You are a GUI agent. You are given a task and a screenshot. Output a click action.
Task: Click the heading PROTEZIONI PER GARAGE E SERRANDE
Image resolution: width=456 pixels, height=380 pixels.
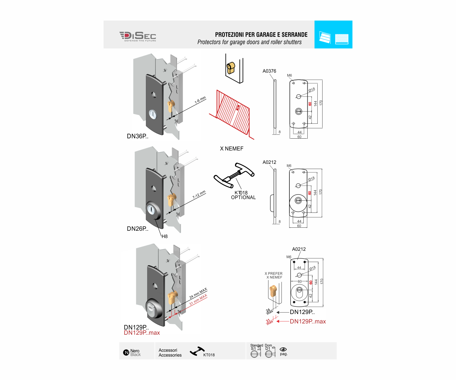pyautogui.click(x=261, y=35)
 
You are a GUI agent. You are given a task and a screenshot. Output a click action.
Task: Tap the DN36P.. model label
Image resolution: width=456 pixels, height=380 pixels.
pyautogui.click(x=137, y=136)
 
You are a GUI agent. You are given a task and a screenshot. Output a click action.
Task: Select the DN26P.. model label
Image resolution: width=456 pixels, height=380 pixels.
pyautogui.click(x=137, y=229)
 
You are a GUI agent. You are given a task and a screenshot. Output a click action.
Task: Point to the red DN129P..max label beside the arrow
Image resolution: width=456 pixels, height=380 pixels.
pyautogui.click(x=308, y=321)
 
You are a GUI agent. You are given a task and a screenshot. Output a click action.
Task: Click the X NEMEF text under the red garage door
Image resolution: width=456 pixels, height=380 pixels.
pyautogui.click(x=232, y=149)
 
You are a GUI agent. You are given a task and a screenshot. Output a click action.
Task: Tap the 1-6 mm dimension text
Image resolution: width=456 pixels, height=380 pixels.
pyautogui.click(x=200, y=100)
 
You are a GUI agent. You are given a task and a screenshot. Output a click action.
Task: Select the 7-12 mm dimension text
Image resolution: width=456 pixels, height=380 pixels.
pyautogui.click(x=199, y=195)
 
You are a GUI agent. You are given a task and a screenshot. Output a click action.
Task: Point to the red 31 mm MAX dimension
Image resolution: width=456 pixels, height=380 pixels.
pyautogui.click(x=198, y=299)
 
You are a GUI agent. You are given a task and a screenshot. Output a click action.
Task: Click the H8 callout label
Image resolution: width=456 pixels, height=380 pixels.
pyautogui.click(x=164, y=236)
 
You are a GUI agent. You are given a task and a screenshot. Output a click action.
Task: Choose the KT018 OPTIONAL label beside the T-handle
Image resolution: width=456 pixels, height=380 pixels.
pyautogui.click(x=243, y=195)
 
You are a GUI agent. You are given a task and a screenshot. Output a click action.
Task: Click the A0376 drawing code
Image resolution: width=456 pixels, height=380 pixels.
pyautogui.click(x=269, y=71)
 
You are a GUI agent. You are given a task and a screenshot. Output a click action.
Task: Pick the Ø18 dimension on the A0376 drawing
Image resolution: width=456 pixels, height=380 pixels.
pyautogui.click(x=312, y=90)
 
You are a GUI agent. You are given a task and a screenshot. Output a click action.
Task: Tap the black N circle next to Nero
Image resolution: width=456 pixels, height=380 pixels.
pyautogui.click(x=126, y=353)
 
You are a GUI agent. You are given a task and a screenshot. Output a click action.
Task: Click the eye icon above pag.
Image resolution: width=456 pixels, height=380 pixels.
pyautogui.click(x=283, y=349)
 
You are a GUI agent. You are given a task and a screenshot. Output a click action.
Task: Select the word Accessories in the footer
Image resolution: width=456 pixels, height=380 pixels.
pyautogui.click(x=170, y=355)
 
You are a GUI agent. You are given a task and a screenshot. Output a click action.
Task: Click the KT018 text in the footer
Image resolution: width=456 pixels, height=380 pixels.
pyautogui.click(x=209, y=355)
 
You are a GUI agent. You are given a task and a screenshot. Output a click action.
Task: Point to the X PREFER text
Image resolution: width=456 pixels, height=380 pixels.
pyautogui.click(x=274, y=274)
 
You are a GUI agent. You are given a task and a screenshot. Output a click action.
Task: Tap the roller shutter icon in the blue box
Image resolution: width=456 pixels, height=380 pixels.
pyautogui.click(x=342, y=39)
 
